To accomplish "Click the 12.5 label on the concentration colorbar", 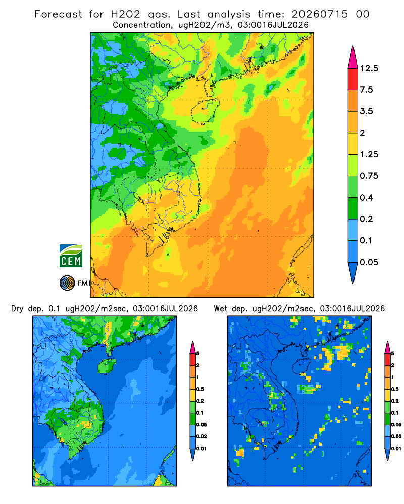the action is point(369,68).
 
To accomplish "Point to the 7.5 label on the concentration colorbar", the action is point(366,90).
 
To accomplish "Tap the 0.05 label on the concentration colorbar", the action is point(369,262).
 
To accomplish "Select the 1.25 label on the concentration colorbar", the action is point(369,154).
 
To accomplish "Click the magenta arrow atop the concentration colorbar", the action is point(353,57).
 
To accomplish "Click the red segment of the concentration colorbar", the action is point(353,79).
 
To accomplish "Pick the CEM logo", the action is point(71,256).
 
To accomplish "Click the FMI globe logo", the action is point(67,283).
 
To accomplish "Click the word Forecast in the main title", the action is point(58,14).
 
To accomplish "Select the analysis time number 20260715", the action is point(320,14).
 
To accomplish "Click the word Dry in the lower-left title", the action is point(17,309).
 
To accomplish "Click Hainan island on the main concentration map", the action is point(205,111).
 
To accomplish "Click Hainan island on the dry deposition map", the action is point(107,366).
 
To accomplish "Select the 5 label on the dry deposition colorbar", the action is point(198,354).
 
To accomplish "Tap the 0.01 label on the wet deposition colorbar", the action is point(396,449).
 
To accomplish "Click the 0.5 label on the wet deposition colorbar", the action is point(395,389).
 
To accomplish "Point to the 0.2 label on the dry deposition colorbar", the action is point(200,401).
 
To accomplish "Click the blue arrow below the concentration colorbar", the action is point(353,273).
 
